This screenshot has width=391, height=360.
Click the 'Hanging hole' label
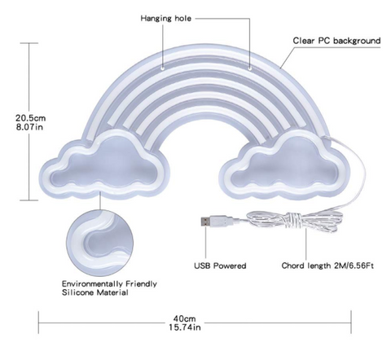pos(166,19)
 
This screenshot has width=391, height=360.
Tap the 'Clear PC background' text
pos(336,41)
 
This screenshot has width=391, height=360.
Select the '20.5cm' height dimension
pos(30,118)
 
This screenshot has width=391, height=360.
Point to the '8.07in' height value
pos(29,127)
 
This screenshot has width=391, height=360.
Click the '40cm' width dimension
pos(184,318)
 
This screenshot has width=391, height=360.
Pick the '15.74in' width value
pos(185,327)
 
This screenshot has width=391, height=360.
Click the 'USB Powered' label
pos(220,266)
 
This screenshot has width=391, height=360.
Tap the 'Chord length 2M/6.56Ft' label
pos(327,266)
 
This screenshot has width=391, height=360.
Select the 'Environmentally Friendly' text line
pos(109,284)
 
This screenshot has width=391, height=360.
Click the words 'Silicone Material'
pos(95,292)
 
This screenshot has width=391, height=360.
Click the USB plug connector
pos(217,222)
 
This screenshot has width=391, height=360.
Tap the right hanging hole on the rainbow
pos(250,68)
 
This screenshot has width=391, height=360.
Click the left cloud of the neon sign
pos(105,165)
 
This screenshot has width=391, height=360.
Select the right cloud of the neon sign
pos(283,166)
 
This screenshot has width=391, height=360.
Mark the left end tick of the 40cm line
pos(38,323)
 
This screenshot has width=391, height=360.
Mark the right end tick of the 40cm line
pos(351,323)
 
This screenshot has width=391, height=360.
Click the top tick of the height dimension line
pos(29,43)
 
